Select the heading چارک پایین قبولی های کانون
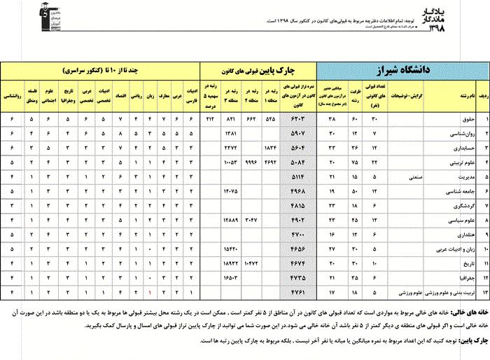pos(258,71)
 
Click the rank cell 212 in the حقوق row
pos(210,120)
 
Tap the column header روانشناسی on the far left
pos(12,91)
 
